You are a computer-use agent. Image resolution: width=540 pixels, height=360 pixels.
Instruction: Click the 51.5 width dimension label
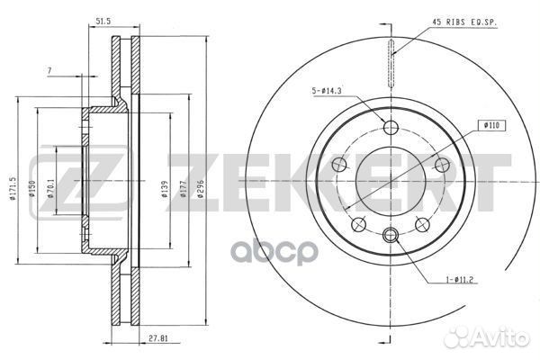103,22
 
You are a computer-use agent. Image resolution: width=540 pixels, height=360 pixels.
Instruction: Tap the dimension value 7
49,70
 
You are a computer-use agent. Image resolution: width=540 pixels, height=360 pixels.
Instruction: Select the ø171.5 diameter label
13,188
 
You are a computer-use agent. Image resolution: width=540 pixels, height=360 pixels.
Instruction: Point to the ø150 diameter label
32,188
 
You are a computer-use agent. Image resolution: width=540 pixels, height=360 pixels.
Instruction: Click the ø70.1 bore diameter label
50,188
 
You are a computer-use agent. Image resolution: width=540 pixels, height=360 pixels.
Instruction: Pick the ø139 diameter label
165,189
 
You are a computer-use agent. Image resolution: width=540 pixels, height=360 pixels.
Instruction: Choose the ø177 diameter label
183,189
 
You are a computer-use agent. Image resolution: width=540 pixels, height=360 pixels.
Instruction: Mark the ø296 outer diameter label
201,189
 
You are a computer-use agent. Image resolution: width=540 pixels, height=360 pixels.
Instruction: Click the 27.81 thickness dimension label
158,203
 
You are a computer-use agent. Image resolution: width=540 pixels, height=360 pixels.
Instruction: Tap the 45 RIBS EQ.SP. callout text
464,22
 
